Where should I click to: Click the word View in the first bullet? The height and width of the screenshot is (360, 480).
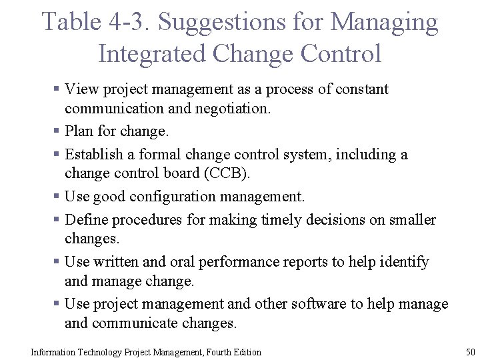83,89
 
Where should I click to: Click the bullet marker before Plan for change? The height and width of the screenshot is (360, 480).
58,132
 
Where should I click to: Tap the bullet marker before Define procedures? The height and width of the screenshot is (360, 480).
58,220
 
